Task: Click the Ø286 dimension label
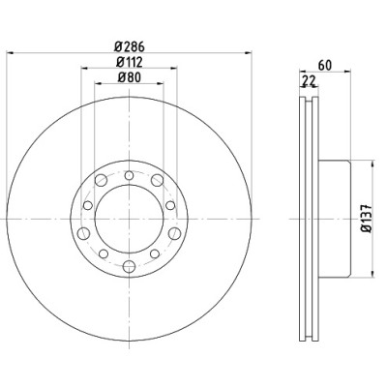click(x=130, y=47)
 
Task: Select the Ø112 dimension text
click(x=130, y=62)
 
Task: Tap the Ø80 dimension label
click(x=130, y=77)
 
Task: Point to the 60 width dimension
click(x=325, y=66)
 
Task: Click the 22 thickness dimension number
click(x=309, y=81)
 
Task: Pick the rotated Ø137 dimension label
click(x=367, y=219)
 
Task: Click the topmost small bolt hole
click(x=129, y=175)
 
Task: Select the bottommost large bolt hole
click(x=129, y=266)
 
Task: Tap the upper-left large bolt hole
click(x=101, y=180)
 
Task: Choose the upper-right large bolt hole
click(x=157, y=180)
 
